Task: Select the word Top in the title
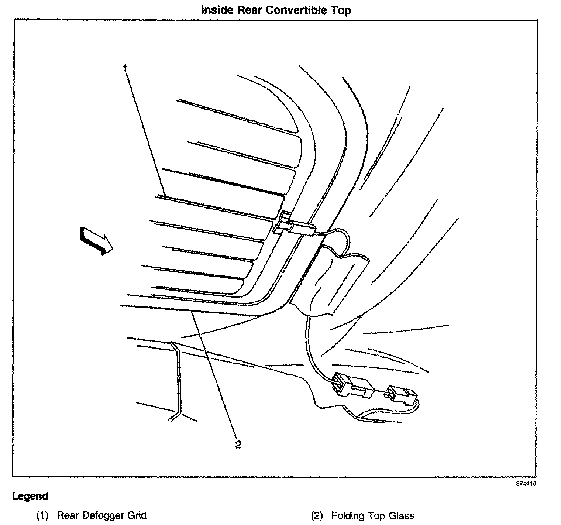342,10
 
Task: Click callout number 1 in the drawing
125,69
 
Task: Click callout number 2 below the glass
238,444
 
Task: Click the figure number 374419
526,483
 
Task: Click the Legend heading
30,496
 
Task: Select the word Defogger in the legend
103,515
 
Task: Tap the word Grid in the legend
137,515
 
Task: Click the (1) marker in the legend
42,515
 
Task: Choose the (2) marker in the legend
317,515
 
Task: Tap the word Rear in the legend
68,515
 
